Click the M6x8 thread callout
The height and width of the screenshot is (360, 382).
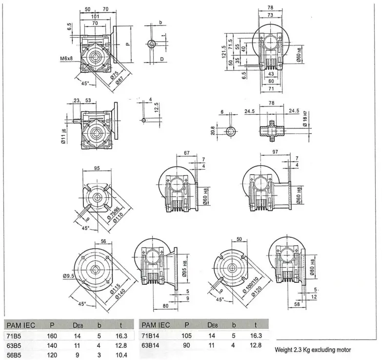(63, 59)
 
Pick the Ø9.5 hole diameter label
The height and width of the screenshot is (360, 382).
(68, 276)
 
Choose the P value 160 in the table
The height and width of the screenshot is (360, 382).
(52, 336)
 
